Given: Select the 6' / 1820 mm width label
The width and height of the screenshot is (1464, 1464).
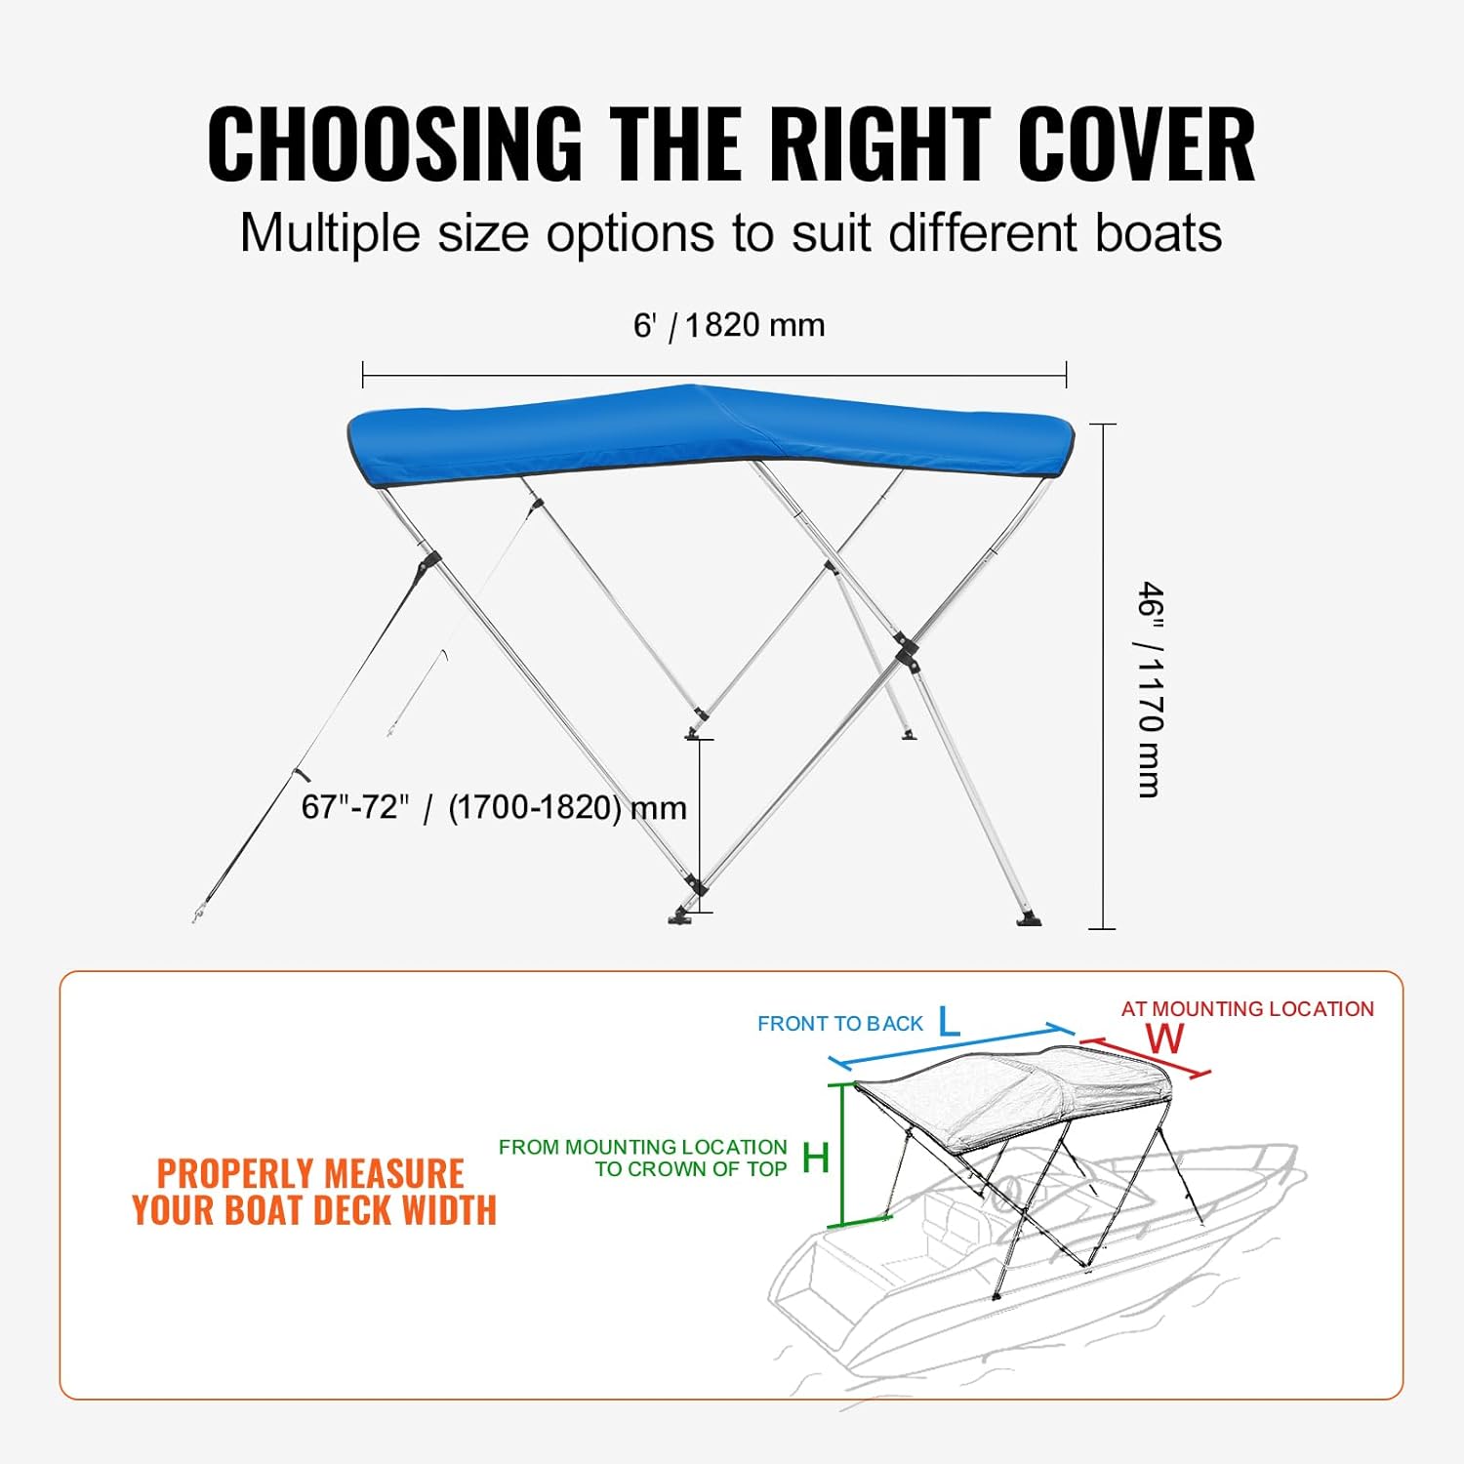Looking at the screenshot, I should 729,325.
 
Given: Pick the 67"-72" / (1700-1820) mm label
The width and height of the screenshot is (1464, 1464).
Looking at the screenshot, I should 494,808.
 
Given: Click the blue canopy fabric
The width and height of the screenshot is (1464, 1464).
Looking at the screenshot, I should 703,429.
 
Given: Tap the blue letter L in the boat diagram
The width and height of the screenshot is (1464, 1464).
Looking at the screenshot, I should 949,1022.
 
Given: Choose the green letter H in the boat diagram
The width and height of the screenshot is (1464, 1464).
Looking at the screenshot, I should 815,1159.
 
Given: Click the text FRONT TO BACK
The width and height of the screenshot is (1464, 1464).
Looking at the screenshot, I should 839,1024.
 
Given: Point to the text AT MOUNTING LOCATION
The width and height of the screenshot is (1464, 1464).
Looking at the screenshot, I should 1247,1009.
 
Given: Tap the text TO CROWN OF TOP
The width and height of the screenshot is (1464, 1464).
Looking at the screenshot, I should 691,1169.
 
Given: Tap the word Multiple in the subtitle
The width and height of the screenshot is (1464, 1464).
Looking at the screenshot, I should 329,234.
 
